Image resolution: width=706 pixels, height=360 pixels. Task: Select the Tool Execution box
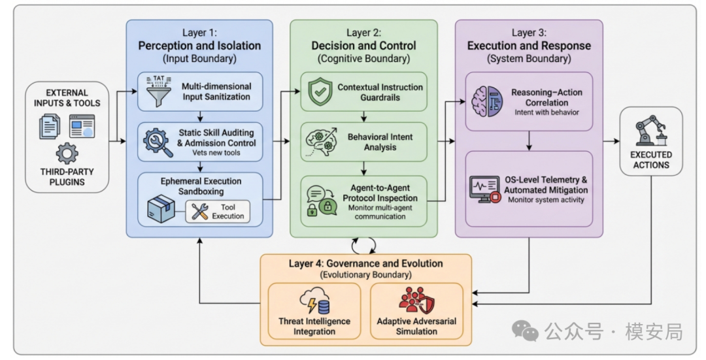pyautogui.click(x=218, y=210)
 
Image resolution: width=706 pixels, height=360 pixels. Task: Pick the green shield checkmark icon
pyautogui.click(x=317, y=91)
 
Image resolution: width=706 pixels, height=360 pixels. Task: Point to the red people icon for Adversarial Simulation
pyautogui.click(x=416, y=301)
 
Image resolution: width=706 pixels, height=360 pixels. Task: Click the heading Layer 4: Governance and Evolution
pyautogui.click(x=365, y=263)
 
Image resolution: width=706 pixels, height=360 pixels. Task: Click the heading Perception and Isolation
pyautogui.click(x=199, y=46)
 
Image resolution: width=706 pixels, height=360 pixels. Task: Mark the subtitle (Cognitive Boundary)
pyautogui.click(x=363, y=59)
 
